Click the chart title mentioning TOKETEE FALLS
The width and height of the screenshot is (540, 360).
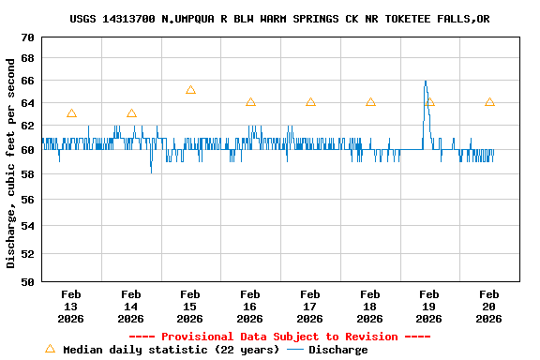279,19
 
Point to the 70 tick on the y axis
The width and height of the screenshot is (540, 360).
26,37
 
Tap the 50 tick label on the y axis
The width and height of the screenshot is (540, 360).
26,281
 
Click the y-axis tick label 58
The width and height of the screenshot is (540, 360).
26,173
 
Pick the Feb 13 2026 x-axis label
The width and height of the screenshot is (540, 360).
71,307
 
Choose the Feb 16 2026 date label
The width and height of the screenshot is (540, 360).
250,307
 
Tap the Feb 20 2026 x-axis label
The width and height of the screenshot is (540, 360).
489,307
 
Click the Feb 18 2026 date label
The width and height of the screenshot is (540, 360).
369,307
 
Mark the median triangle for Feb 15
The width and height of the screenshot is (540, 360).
190,90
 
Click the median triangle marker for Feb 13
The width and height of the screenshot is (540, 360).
71,113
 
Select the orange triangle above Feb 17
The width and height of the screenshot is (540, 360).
310,102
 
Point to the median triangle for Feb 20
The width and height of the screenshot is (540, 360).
489,102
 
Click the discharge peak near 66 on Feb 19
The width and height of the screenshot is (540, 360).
425,82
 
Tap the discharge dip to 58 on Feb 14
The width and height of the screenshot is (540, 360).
151,171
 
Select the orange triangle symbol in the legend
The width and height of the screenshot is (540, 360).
50,349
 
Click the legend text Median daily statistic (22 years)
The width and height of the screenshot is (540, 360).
171,350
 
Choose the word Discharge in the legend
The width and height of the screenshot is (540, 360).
337,350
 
